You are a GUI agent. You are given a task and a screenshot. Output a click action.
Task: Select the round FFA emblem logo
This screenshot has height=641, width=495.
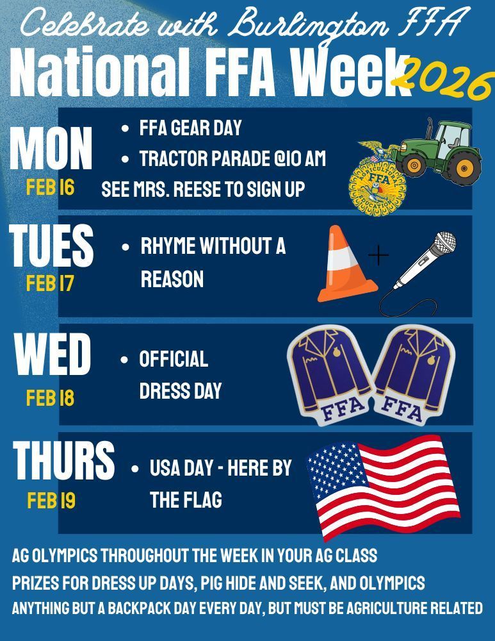point(374,181)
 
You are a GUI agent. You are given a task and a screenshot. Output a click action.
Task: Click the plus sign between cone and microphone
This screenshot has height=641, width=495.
point(379,256)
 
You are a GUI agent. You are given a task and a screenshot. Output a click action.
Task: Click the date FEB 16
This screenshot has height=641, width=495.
point(51,188)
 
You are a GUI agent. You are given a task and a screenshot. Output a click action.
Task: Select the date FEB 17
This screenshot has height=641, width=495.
point(51,283)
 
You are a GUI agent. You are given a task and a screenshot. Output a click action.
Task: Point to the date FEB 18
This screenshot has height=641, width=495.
point(51,398)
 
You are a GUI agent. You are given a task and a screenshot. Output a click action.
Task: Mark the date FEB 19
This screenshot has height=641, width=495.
point(51,501)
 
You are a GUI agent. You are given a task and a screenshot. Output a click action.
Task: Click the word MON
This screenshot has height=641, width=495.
point(51,149)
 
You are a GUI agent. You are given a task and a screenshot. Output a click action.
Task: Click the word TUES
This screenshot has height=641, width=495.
point(51,246)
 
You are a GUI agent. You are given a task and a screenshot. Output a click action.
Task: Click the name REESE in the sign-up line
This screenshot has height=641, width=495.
point(216,190)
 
